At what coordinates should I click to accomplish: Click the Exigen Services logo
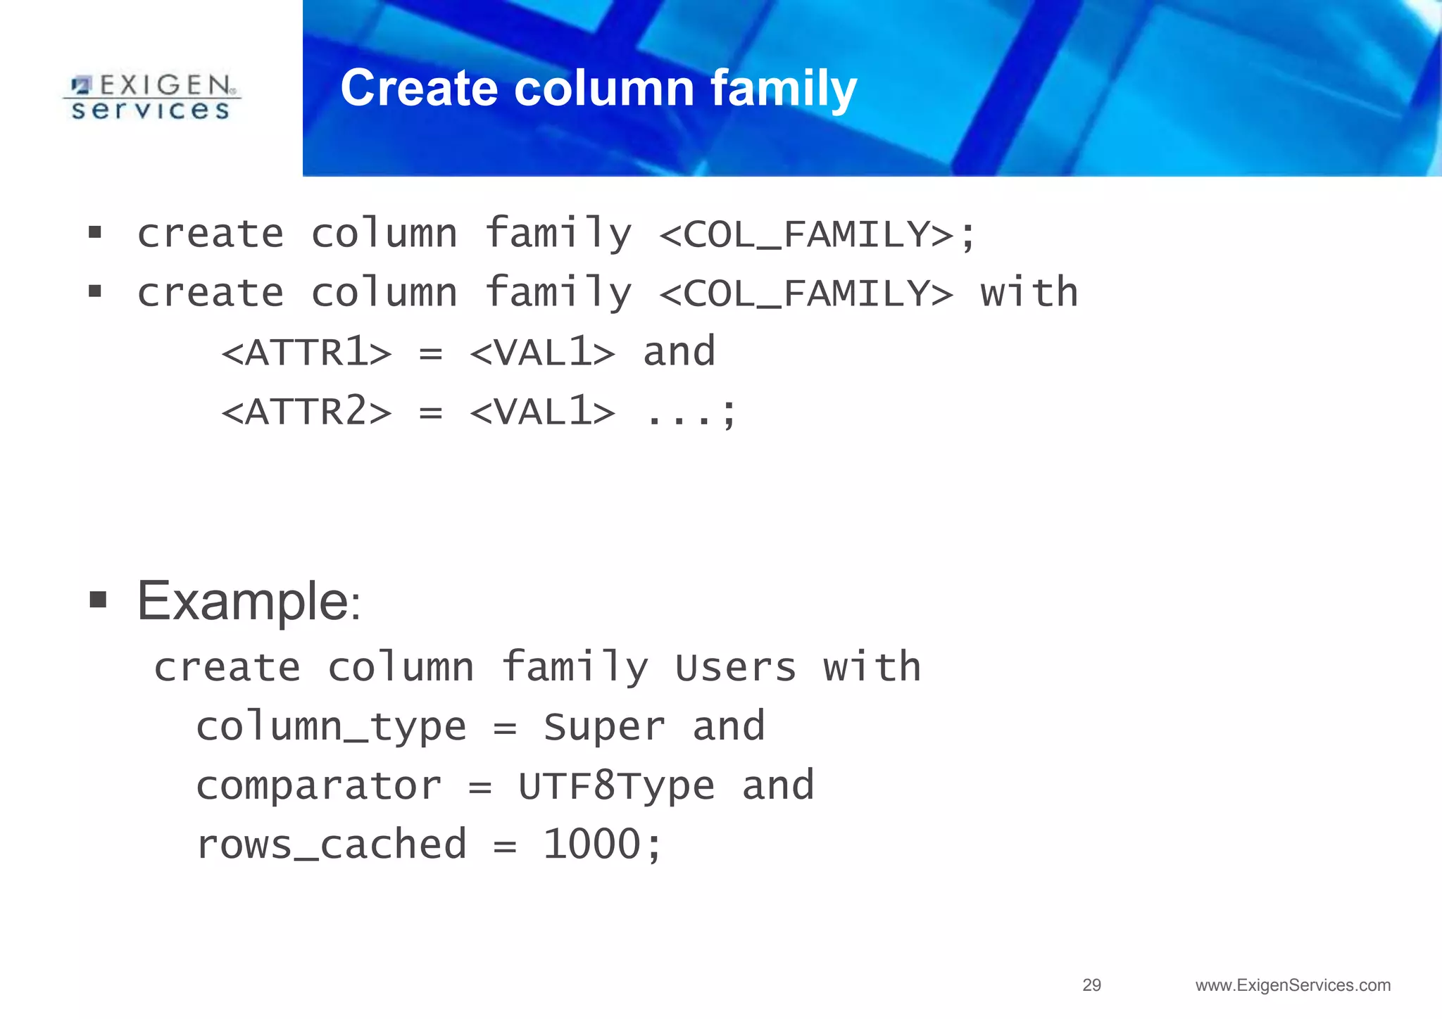[x=151, y=97]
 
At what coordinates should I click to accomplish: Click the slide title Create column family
[x=598, y=88]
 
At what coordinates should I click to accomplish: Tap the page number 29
[x=1091, y=985]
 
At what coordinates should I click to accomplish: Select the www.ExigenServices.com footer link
[x=1293, y=985]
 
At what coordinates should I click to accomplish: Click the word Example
[x=243, y=602]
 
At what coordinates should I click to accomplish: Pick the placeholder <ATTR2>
[x=306, y=412]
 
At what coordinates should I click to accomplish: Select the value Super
[x=604, y=727]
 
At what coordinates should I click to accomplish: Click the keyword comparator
[x=319, y=786]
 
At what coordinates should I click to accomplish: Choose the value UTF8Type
[x=617, y=786]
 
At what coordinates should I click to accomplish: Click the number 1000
[x=591, y=844]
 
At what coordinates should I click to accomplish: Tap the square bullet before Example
[x=98, y=600]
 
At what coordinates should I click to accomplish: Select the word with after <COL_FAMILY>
[x=1029, y=293]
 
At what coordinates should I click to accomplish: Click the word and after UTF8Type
[x=778, y=786]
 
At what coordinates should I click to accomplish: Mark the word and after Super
[x=729, y=727]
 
